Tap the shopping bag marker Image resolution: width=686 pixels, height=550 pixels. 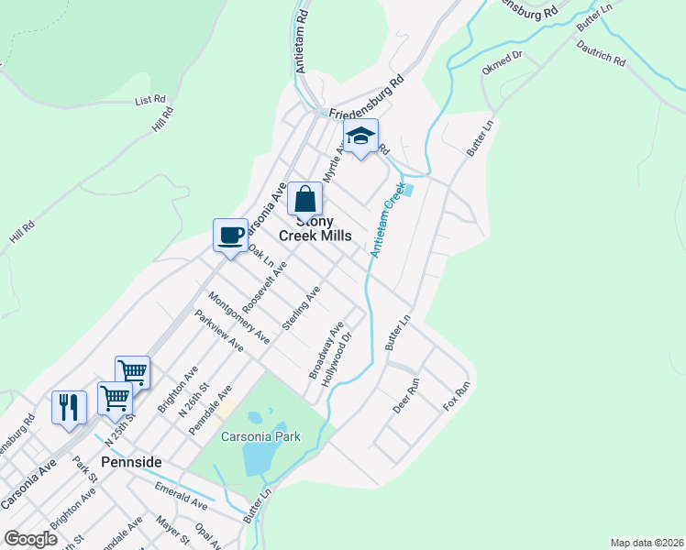pyautogui.click(x=304, y=199)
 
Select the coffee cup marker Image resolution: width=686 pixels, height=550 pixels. pyautogui.click(x=230, y=236)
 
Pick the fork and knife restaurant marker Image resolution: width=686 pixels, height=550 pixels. pyautogui.click(x=70, y=405)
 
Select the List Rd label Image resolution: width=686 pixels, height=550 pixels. pyautogui.click(x=149, y=99)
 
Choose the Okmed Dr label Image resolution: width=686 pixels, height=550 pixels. pyautogui.click(x=502, y=62)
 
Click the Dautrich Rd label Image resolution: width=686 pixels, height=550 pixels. pyautogui.click(x=603, y=55)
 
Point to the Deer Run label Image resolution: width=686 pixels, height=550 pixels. pyautogui.click(x=405, y=395)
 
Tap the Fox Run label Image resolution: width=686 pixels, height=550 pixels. pyautogui.click(x=456, y=395)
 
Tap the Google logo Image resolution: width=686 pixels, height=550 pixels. pyautogui.click(x=30, y=539)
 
